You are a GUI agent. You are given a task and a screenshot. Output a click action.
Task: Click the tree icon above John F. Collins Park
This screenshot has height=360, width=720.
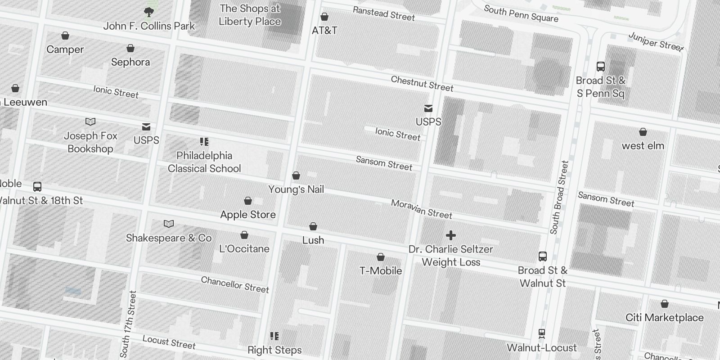pos(148,12)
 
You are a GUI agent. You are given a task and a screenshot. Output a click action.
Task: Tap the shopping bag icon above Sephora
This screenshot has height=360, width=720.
pos(130,48)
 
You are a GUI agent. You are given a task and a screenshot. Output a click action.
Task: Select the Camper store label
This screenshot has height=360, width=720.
pos(65,49)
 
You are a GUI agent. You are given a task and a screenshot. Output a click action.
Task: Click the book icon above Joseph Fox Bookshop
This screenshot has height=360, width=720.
pos(90,121)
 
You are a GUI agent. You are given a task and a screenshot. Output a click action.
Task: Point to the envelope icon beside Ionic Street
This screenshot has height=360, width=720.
pos(428,108)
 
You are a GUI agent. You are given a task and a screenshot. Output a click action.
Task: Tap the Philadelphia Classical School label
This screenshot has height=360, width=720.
pos(204,162)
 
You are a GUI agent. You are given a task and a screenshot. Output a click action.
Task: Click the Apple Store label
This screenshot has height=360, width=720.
pos(248,215)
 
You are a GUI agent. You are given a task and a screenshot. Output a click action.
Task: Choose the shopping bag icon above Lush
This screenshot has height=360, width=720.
pos(313,226)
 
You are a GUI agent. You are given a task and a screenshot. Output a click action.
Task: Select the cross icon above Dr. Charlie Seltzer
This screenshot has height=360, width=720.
pos(451,235)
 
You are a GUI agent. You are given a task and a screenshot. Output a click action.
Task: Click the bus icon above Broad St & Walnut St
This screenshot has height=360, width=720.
pos(543,256)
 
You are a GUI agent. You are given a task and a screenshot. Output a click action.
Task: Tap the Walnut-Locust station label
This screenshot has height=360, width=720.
pos(542,348)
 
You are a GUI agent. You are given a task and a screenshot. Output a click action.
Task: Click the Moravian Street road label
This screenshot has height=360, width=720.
pos(422,209)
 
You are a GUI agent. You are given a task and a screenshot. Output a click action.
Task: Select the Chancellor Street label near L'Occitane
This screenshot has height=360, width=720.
pos(235,285)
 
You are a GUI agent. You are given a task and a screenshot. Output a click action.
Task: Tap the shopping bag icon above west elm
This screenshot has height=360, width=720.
pos(643,132)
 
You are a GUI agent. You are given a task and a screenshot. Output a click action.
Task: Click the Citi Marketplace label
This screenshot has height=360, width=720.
pos(665,318)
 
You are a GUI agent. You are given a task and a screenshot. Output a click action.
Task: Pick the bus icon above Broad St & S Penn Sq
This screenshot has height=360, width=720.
pos(601,67)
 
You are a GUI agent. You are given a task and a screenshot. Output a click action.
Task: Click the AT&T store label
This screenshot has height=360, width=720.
pos(324,31)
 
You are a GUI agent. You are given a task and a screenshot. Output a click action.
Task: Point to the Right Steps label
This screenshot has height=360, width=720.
pos(274,350)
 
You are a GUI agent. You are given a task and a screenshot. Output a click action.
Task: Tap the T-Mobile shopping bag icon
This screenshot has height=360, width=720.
pos(381,257)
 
